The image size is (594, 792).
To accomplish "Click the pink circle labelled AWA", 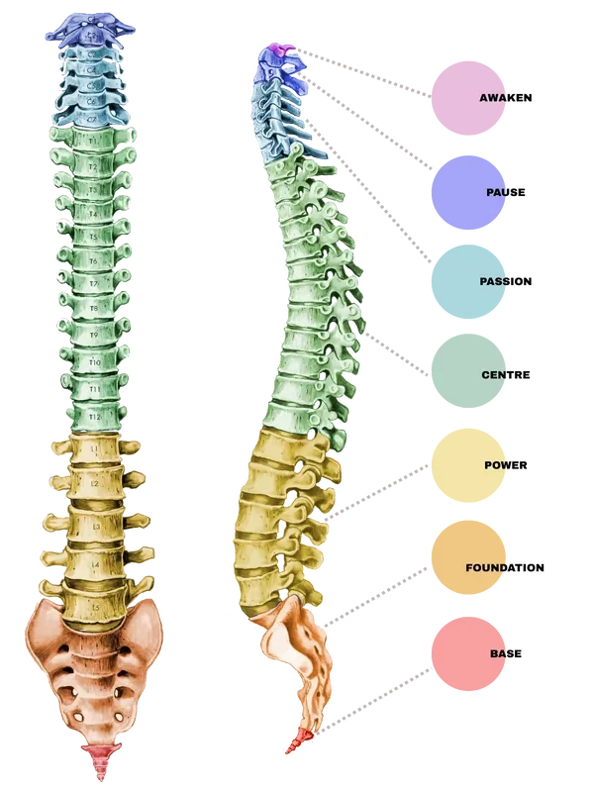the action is pyautogui.click(x=468, y=97).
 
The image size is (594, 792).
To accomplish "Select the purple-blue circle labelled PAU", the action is pyautogui.click(x=468, y=191).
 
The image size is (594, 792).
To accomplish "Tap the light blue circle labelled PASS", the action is pyautogui.click(x=468, y=281).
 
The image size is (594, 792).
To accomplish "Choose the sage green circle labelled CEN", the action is pyautogui.click(x=468, y=372).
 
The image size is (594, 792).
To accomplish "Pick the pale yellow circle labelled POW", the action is pyautogui.click(x=468, y=463).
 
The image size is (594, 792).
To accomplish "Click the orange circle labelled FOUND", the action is pyautogui.click(x=468, y=556).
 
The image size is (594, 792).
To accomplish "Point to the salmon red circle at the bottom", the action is pyautogui.click(x=468, y=651).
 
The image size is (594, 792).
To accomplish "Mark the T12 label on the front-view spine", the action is pyautogui.click(x=95, y=418).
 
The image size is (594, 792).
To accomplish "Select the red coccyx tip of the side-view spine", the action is pyautogui.click(x=293, y=743).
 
